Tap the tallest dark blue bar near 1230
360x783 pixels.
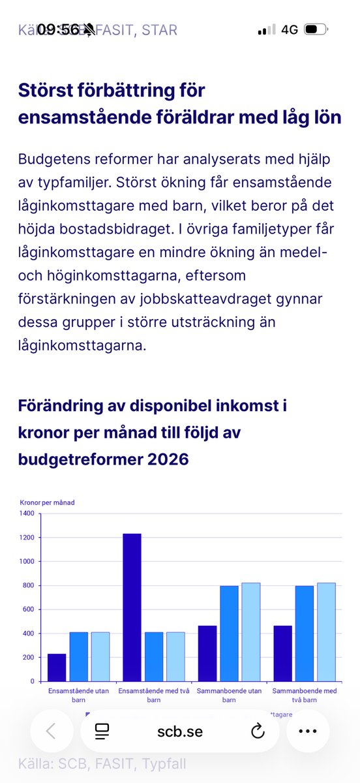(x=132, y=607)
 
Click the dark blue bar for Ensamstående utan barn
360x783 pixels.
(x=57, y=667)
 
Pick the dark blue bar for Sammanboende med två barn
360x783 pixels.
(x=282, y=653)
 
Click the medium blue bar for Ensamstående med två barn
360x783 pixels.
(x=153, y=656)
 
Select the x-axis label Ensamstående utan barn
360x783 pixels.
(x=78, y=694)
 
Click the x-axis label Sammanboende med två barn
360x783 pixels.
(x=304, y=694)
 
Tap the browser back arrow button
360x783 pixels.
(x=51, y=731)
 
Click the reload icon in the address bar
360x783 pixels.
(x=258, y=731)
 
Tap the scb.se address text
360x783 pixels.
(x=180, y=731)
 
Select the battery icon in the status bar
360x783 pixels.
(x=315, y=29)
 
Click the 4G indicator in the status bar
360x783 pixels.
(x=290, y=29)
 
